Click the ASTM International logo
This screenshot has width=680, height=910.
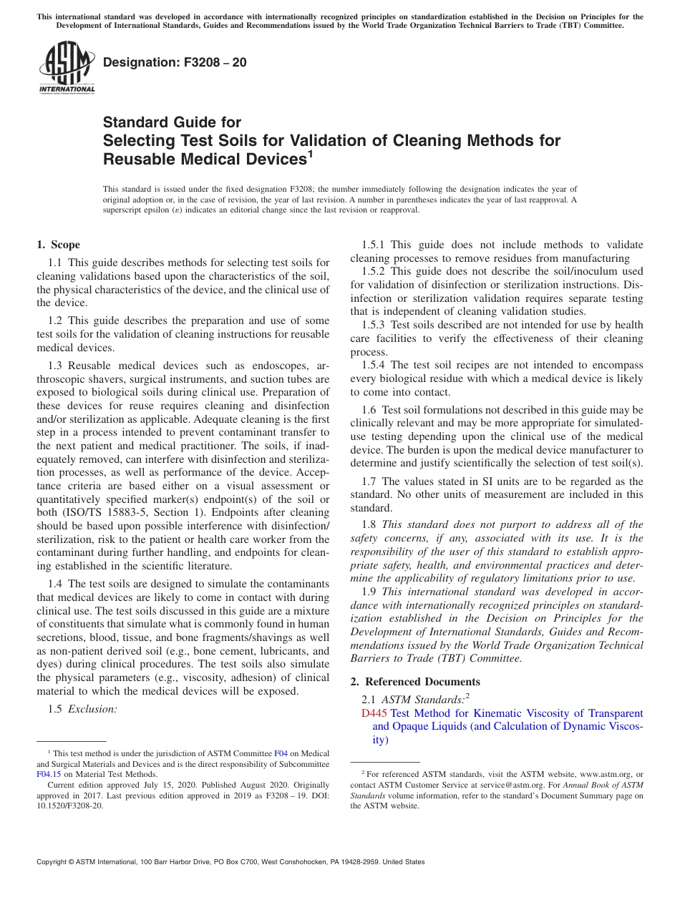click(66, 68)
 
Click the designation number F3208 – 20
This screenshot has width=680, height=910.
click(175, 62)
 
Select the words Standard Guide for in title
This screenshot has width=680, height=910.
click(173, 122)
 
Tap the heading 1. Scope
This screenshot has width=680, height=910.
click(59, 245)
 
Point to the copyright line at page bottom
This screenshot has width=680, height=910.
click(230, 862)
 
